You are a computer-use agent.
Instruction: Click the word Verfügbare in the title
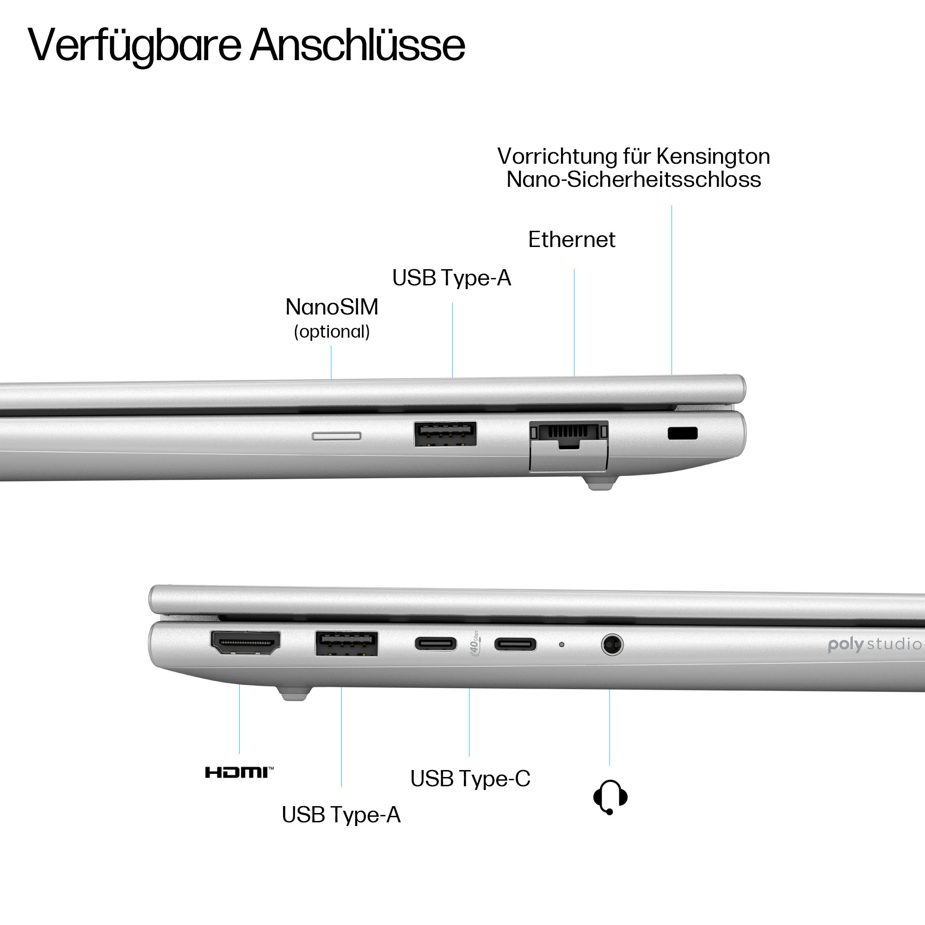pos(135,46)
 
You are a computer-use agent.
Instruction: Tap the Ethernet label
pos(571,240)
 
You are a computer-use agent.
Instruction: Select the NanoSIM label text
pos(332,307)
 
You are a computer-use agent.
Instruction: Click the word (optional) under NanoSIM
pos(332,331)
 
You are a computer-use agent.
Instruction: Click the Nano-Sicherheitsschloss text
pos(634,179)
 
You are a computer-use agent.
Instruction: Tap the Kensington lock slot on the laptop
pos(682,433)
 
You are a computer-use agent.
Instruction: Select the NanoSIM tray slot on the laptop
pos(336,436)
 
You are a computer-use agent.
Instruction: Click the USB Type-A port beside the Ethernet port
pos(445,434)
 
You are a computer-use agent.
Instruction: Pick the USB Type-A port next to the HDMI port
pos(346,643)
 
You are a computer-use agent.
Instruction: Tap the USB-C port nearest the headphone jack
pos(515,644)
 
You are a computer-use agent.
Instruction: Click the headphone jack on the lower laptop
pos(612,645)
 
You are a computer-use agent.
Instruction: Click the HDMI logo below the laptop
pos(239,772)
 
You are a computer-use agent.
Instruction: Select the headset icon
pos(610,797)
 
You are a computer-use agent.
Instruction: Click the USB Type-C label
pos(470,778)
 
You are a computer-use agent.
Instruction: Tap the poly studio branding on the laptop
pos(874,644)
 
